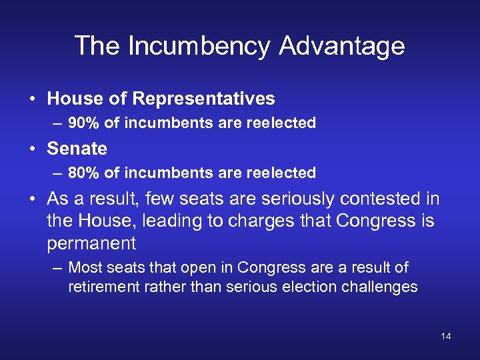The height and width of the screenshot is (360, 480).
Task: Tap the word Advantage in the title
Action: [x=343, y=46]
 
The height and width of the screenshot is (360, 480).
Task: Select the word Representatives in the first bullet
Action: [x=203, y=99]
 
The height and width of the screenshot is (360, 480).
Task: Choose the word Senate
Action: [x=77, y=148]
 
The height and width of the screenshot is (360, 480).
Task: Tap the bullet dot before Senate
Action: [x=32, y=149]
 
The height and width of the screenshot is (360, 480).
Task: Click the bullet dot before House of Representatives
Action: [x=32, y=99]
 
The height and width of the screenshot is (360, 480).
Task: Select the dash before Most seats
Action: [x=57, y=268]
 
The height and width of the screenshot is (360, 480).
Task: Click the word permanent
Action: [x=91, y=243]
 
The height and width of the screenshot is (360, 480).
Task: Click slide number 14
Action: [x=445, y=336]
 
